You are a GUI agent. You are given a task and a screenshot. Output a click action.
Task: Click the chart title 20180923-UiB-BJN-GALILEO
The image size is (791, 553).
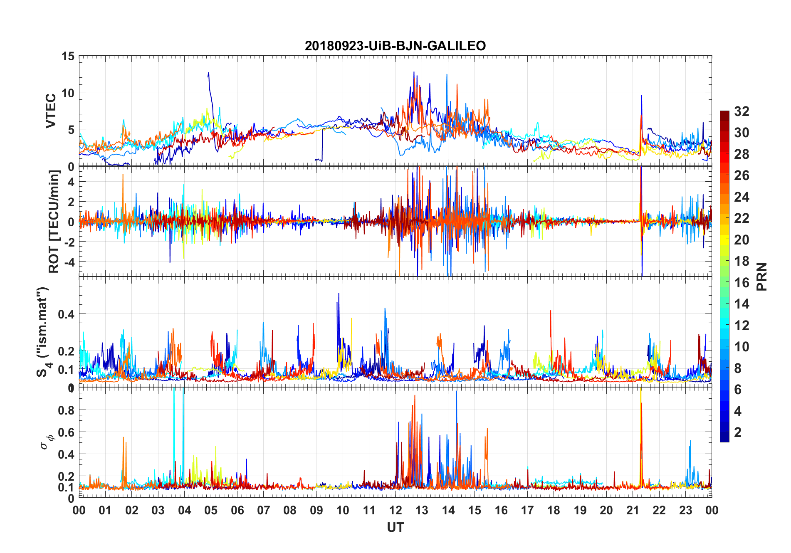(x=395, y=46)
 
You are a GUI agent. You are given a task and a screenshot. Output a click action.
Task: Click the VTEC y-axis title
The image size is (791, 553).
(x=51, y=111)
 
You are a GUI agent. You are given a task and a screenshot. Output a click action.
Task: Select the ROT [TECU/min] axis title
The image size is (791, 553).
(x=54, y=221)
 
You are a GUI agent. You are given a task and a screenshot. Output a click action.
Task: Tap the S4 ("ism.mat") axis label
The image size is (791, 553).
(x=43, y=332)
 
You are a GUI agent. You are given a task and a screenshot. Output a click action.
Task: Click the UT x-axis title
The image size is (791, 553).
(x=395, y=527)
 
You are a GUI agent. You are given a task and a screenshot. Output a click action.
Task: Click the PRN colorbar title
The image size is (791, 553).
(x=761, y=276)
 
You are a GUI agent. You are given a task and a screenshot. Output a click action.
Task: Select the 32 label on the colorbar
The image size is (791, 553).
(x=742, y=111)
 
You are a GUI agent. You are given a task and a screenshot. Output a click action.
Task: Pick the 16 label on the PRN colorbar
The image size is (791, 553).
(x=742, y=283)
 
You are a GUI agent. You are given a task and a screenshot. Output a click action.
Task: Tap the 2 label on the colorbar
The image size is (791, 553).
(x=738, y=432)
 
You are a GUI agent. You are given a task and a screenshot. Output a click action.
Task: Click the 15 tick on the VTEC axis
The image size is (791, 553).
(x=68, y=56)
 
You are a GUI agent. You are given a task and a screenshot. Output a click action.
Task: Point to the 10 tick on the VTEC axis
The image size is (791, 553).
(x=68, y=93)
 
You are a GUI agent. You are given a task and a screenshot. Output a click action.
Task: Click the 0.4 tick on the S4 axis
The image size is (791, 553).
(x=66, y=314)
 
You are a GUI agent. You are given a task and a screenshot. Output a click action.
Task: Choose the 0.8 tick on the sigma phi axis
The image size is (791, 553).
(x=66, y=410)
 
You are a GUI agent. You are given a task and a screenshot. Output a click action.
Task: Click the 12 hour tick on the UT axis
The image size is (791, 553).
(x=395, y=510)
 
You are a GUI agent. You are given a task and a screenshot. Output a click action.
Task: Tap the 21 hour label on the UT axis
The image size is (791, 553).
(x=633, y=510)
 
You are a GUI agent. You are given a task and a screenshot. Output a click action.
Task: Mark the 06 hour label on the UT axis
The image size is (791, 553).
(x=237, y=510)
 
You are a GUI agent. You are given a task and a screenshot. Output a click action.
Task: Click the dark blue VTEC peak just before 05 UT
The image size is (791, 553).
(x=208, y=73)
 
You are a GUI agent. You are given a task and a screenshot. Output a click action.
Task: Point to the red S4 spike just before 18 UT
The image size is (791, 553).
(x=550, y=311)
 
